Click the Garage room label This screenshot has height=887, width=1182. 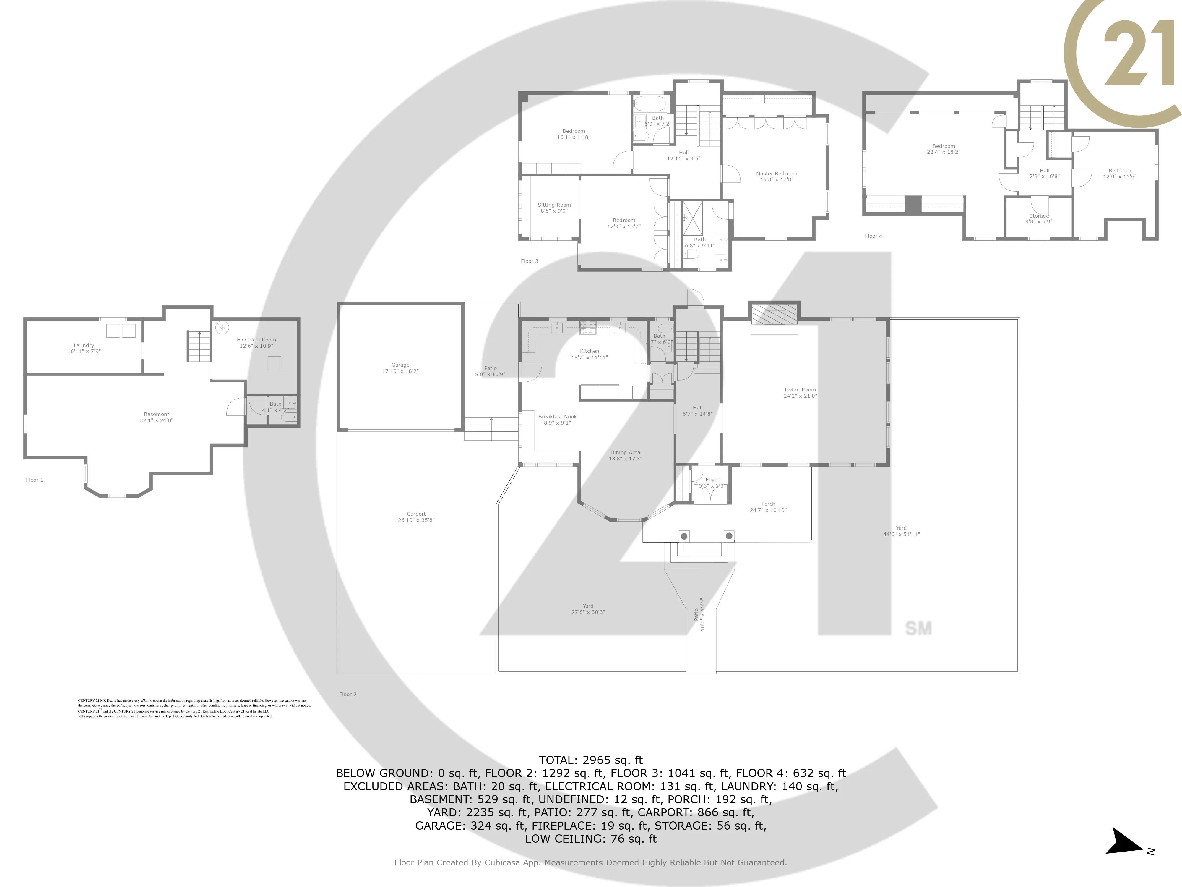click(400, 365)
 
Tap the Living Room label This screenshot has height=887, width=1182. click(800, 390)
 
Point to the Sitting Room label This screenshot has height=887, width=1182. click(554, 205)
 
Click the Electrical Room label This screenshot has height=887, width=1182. click(256, 339)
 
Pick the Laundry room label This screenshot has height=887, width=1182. click(84, 345)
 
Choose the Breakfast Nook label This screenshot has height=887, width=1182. click(557, 417)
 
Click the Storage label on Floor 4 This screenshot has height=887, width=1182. click(1039, 216)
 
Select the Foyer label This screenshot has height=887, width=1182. click(712, 480)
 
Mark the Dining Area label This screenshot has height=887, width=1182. click(625, 452)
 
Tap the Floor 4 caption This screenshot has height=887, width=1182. click(873, 236)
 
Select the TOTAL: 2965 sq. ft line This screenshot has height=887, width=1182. click(590, 760)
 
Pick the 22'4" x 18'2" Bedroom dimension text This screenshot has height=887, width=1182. click(943, 152)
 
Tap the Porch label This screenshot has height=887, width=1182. click(768, 504)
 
